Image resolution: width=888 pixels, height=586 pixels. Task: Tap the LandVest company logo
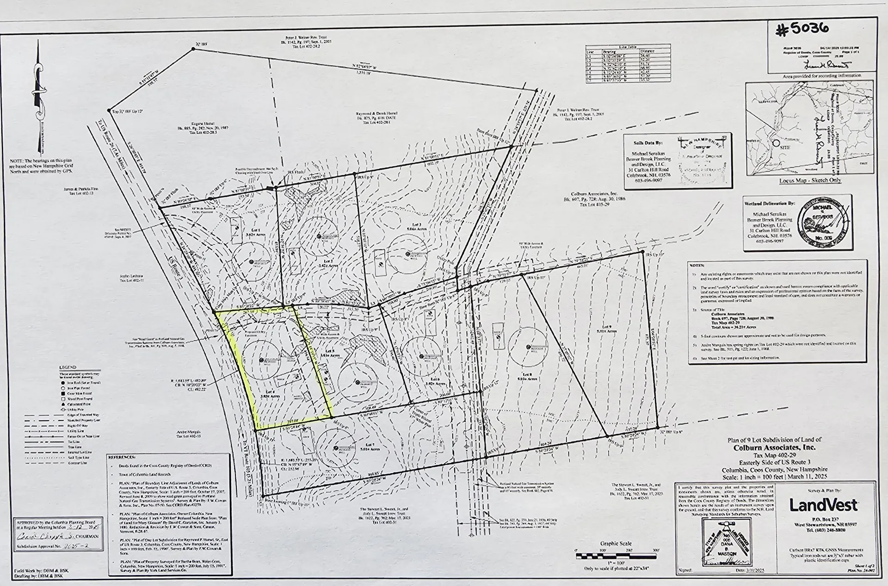click(823, 505)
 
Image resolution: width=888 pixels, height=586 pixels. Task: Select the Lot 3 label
click(401, 238)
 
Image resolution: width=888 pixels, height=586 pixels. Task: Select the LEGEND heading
click(68, 368)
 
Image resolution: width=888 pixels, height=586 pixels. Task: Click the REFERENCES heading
click(122, 457)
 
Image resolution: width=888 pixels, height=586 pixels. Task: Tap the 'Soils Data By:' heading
click(644, 138)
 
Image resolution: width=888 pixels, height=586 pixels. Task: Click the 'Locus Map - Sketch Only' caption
click(810, 180)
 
